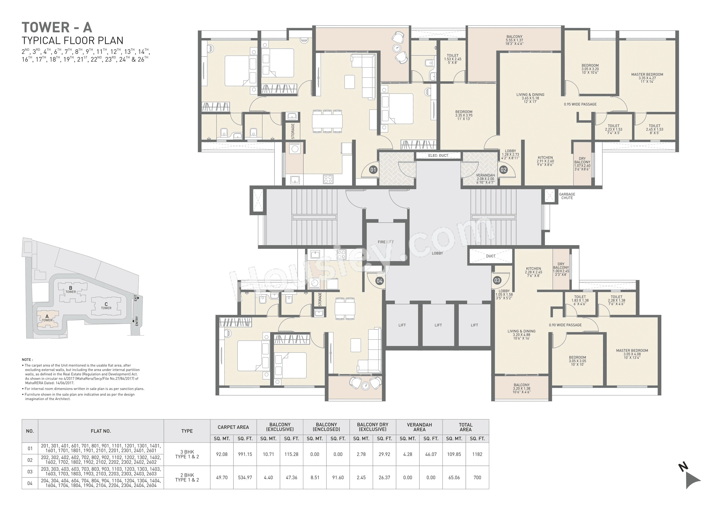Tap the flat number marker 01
coord(373,170)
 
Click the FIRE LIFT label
coord(385,242)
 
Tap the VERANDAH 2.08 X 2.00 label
coord(485,178)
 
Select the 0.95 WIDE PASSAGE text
coord(580,104)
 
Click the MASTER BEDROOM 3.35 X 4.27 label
coord(647,78)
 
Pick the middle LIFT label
coord(438,325)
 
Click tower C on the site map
coord(106,306)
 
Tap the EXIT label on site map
coord(136,298)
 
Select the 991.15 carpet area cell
coord(245,454)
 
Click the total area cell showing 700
coord(477,477)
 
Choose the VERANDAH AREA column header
coord(419,427)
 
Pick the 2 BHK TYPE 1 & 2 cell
coord(187,477)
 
